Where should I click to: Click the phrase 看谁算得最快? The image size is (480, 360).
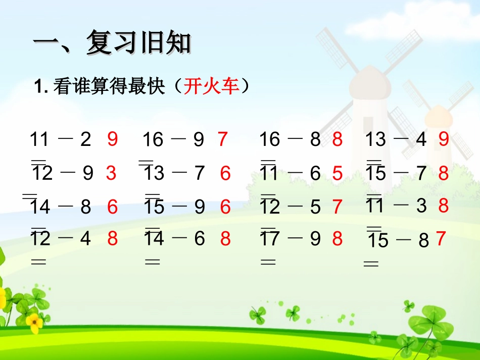point(109,87)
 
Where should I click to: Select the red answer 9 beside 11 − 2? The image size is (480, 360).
point(112,139)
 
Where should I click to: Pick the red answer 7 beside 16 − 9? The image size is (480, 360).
point(223,139)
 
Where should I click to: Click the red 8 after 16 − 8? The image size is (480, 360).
point(338,139)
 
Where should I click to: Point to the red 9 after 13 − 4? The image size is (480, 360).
point(444,139)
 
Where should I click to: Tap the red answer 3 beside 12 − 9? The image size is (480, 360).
point(111,173)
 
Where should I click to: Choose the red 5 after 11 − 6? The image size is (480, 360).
point(338,174)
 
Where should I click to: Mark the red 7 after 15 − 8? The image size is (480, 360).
point(441,238)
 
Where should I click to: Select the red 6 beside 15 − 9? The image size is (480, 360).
point(225,207)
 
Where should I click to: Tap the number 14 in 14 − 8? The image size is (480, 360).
point(40,207)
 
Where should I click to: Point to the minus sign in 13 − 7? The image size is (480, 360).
point(180,173)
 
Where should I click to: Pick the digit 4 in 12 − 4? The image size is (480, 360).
point(85,238)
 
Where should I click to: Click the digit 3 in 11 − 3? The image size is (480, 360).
point(422,205)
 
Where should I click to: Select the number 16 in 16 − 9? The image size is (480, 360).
point(153,139)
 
